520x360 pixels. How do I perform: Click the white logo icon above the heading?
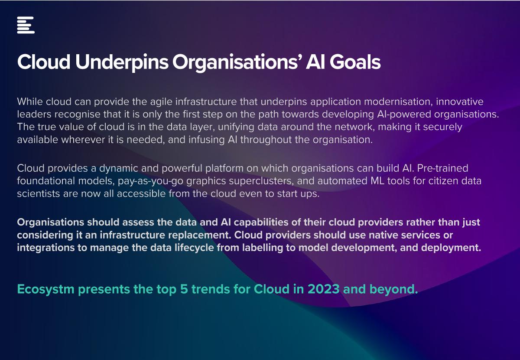click(x=26, y=25)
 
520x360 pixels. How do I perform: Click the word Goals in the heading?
click(x=355, y=62)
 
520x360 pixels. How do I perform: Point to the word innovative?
click(x=460, y=101)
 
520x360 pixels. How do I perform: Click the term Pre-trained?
click(x=443, y=168)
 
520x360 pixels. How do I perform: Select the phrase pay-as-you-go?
click(x=150, y=181)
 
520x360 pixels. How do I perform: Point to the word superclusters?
click(x=262, y=181)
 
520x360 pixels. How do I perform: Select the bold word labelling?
click(x=262, y=248)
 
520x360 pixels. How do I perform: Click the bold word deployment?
click(x=451, y=248)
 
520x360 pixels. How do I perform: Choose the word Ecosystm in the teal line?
click(x=46, y=290)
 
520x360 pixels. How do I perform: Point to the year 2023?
click(x=324, y=289)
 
